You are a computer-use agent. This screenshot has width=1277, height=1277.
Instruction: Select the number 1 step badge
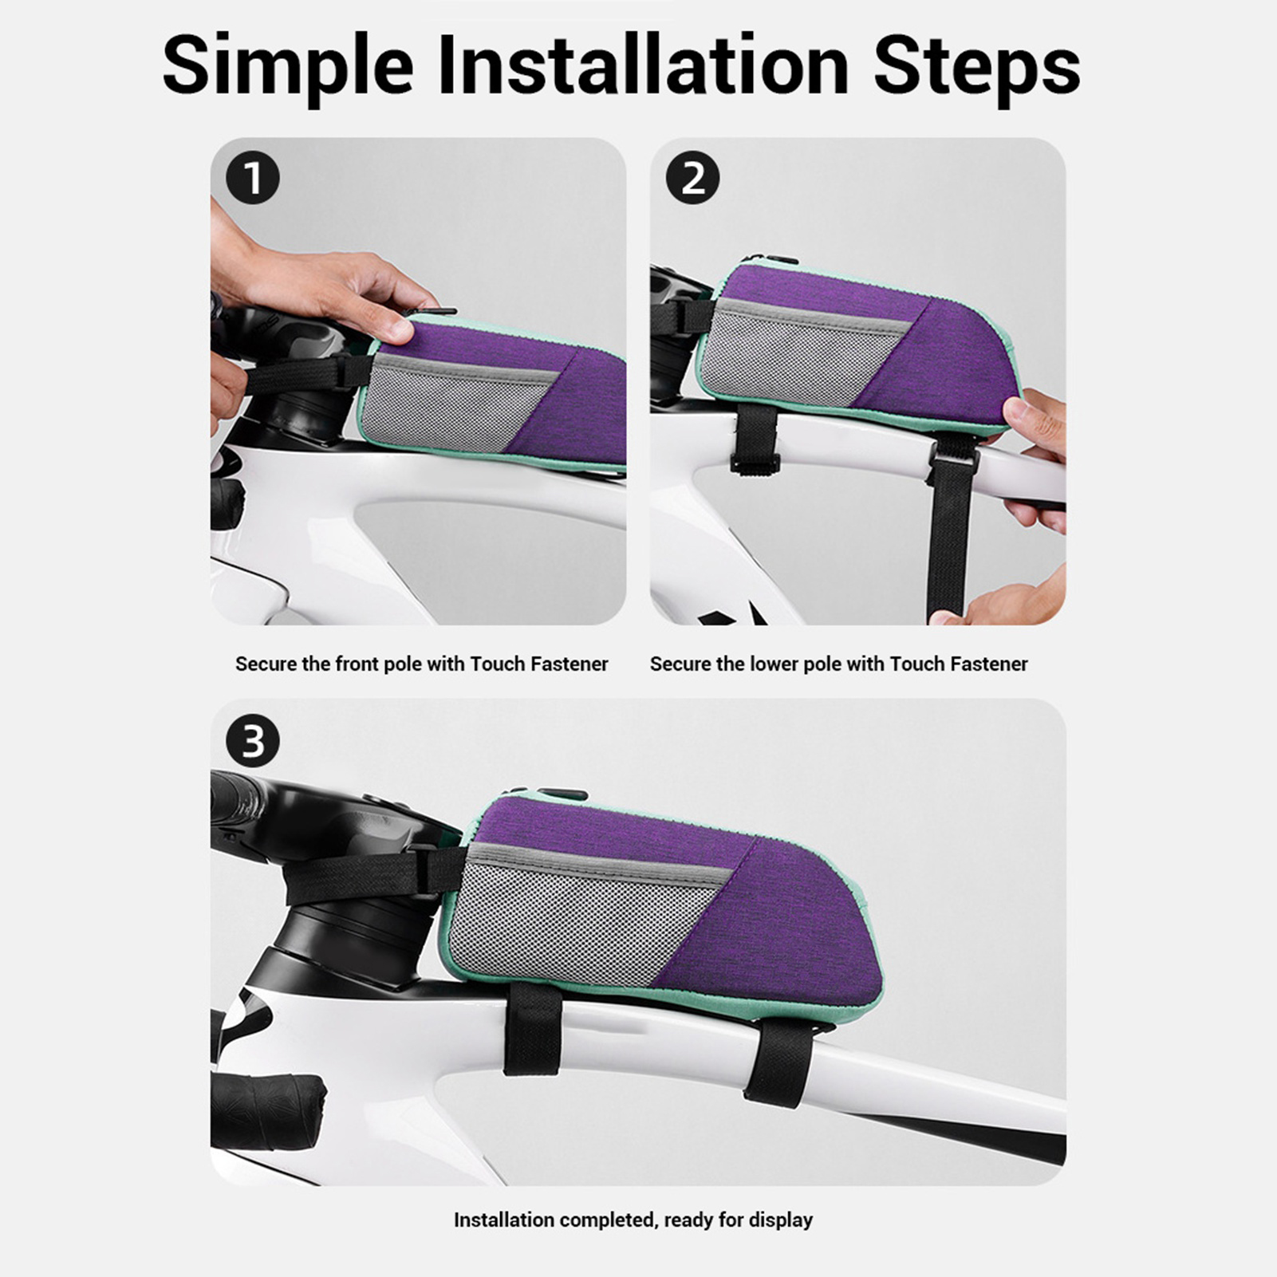[x=252, y=177]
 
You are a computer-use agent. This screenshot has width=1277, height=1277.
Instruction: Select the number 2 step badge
[x=692, y=177]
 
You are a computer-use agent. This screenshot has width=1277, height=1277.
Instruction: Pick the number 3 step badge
[x=252, y=741]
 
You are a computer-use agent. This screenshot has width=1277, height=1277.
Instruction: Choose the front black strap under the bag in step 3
[x=532, y=1028]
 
